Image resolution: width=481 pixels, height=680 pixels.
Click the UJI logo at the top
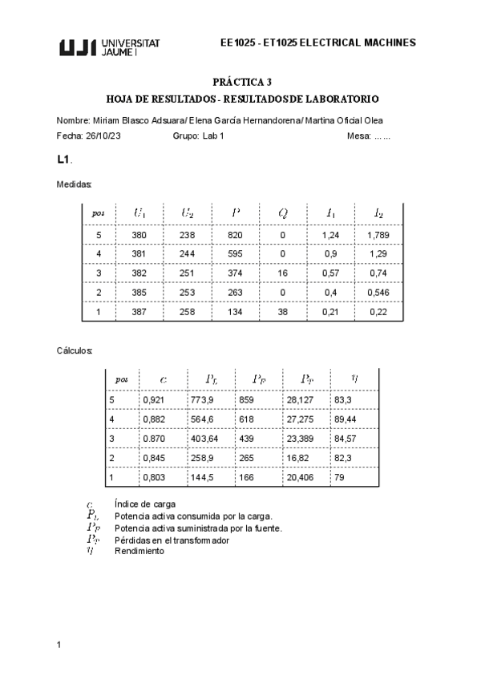tap(110, 47)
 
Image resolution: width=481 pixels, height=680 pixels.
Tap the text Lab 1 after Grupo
tap(212, 136)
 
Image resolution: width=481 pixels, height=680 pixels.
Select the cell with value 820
tap(235, 235)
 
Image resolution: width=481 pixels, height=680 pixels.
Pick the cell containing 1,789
tap(378, 235)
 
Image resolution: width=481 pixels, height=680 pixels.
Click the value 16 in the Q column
tap(283, 273)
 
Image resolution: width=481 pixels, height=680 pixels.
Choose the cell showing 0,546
tap(378, 292)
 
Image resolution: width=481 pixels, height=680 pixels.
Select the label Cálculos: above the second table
tap(75, 350)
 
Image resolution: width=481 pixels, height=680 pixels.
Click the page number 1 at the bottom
tap(59, 644)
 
